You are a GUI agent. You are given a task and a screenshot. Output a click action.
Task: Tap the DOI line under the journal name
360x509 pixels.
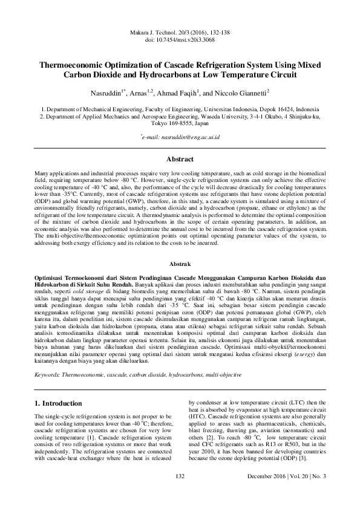(x=180, y=39)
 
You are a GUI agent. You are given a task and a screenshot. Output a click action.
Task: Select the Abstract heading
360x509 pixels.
(x=180, y=160)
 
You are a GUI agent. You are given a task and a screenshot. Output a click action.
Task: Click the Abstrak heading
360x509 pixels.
(x=180, y=265)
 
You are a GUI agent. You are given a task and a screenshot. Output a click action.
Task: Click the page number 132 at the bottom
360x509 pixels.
(x=179, y=494)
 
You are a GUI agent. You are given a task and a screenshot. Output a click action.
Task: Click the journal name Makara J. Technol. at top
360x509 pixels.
(x=154, y=31)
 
